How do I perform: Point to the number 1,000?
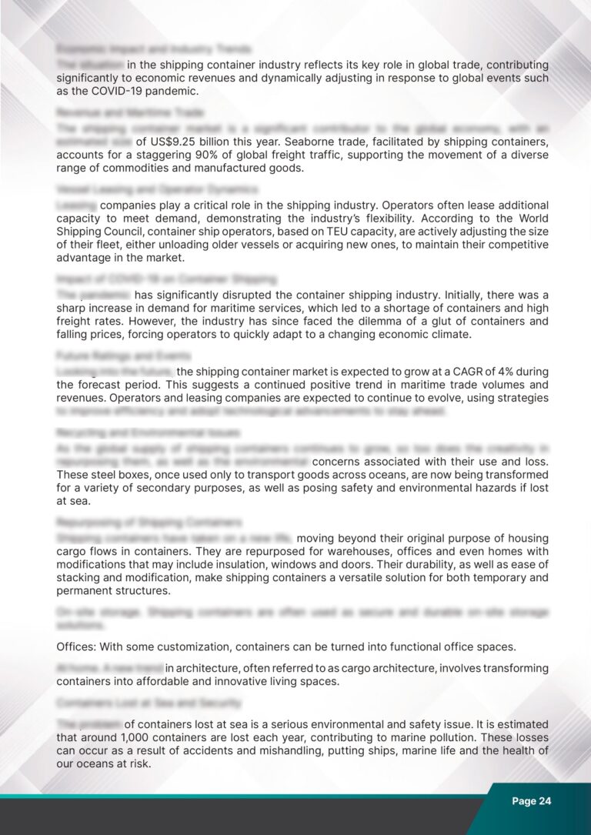click(x=139, y=738)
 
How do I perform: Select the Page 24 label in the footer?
click(x=532, y=801)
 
